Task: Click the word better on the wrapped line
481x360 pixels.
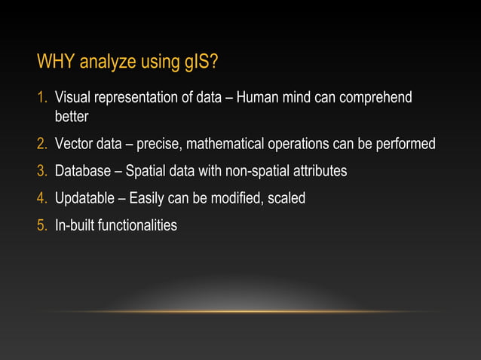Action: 72,117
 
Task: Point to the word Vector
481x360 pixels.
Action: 74,144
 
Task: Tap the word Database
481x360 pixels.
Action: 83,171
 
